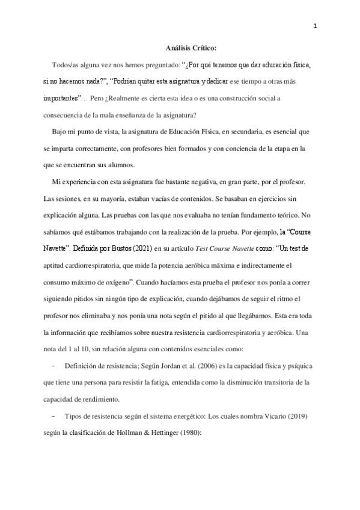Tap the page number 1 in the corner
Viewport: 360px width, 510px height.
[316, 25]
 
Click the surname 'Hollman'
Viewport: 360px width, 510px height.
[144, 431]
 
